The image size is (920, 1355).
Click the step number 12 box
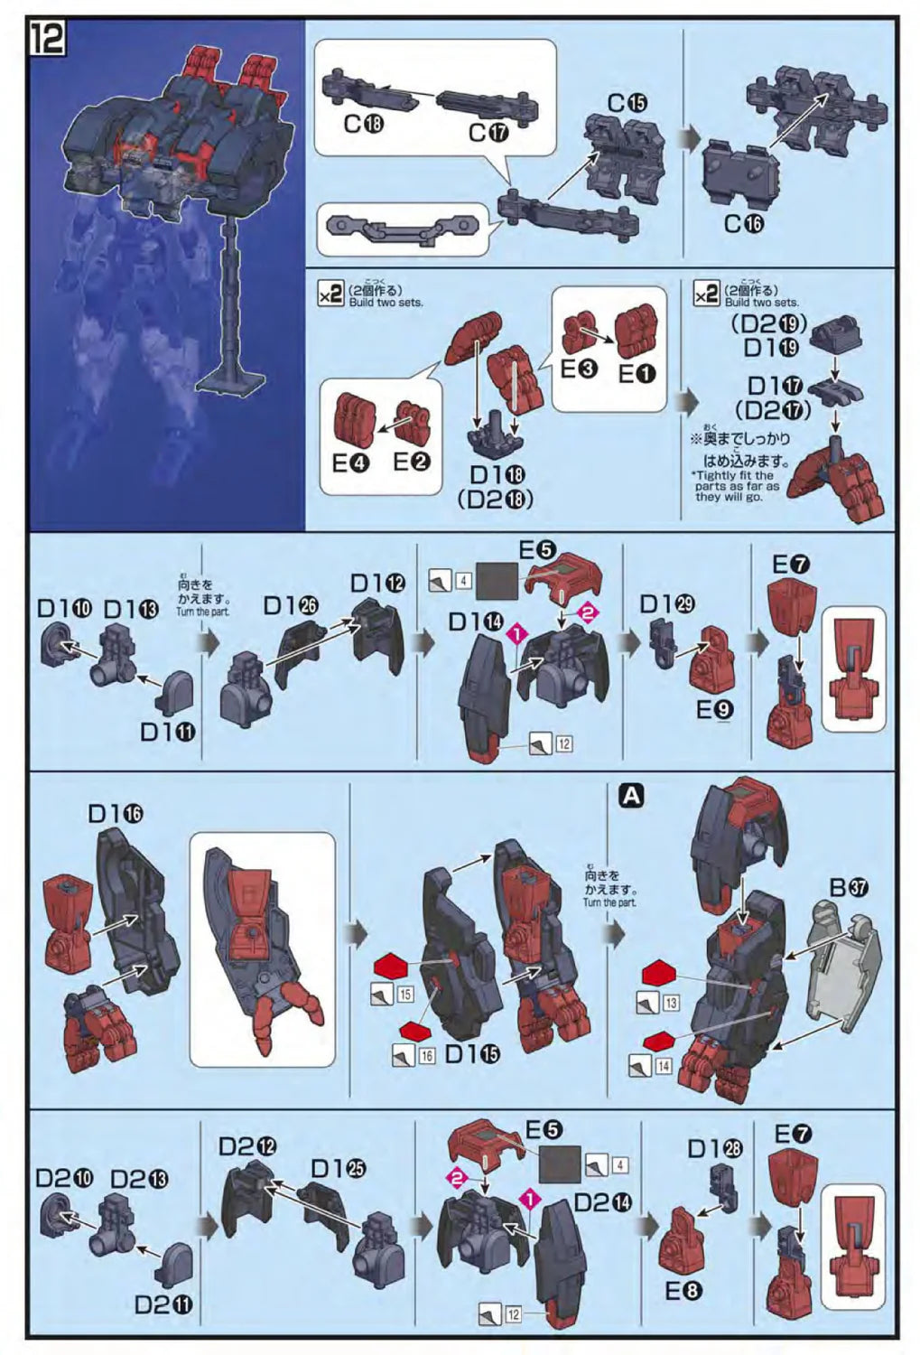tap(47, 39)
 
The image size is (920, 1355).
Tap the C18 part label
tap(363, 123)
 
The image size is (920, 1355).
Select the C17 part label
tap(488, 133)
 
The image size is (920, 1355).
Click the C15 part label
tap(627, 103)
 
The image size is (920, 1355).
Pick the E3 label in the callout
tap(579, 369)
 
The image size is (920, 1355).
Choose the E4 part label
tap(351, 463)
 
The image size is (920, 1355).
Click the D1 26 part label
tap(290, 604)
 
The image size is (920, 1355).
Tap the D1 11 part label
tap(167, 731)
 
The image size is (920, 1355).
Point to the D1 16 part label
tap(115, 814)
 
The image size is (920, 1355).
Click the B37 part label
tap(849, 887)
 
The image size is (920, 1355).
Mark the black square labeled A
tap(632, 796)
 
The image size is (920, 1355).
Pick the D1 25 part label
tap(338, 1168)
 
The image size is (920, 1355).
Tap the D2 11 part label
tap(163, 1304)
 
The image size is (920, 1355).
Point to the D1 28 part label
tap(714, 1148)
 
